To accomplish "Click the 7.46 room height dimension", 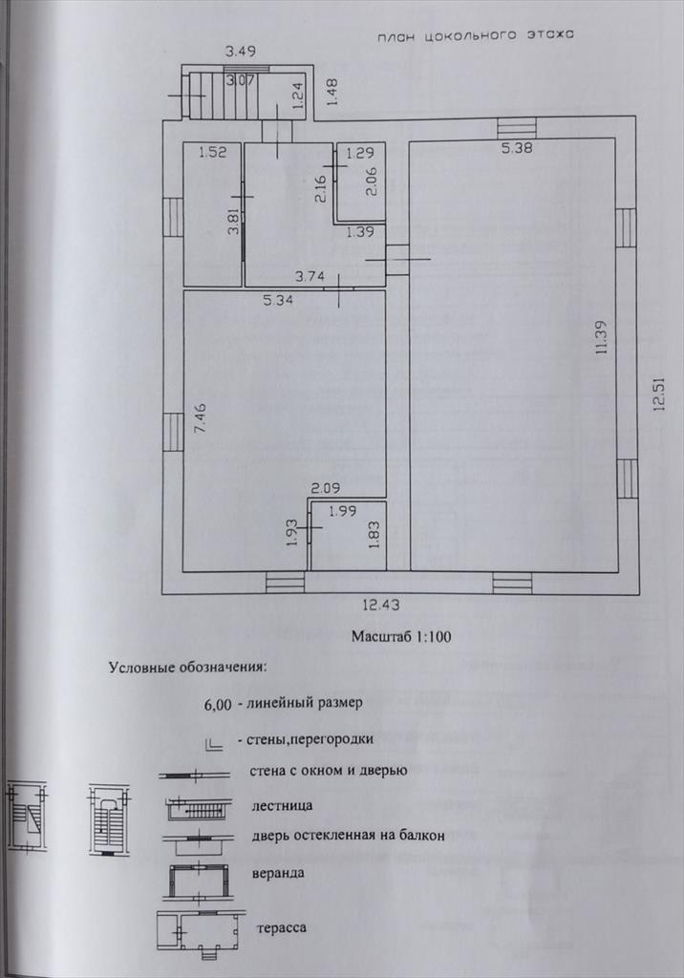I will coord(199,418).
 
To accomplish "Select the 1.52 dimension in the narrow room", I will coord(212,152).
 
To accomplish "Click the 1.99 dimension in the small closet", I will coord(342,511).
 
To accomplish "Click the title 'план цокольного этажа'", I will coord(475,34).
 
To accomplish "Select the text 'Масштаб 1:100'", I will coord(400,635).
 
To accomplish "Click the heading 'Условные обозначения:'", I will coord(187,667).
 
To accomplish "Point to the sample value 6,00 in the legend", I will coord(218,706).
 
